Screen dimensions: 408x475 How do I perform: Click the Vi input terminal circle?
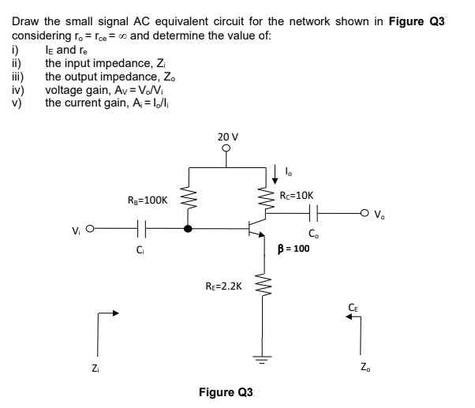click(x=88, y=230)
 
